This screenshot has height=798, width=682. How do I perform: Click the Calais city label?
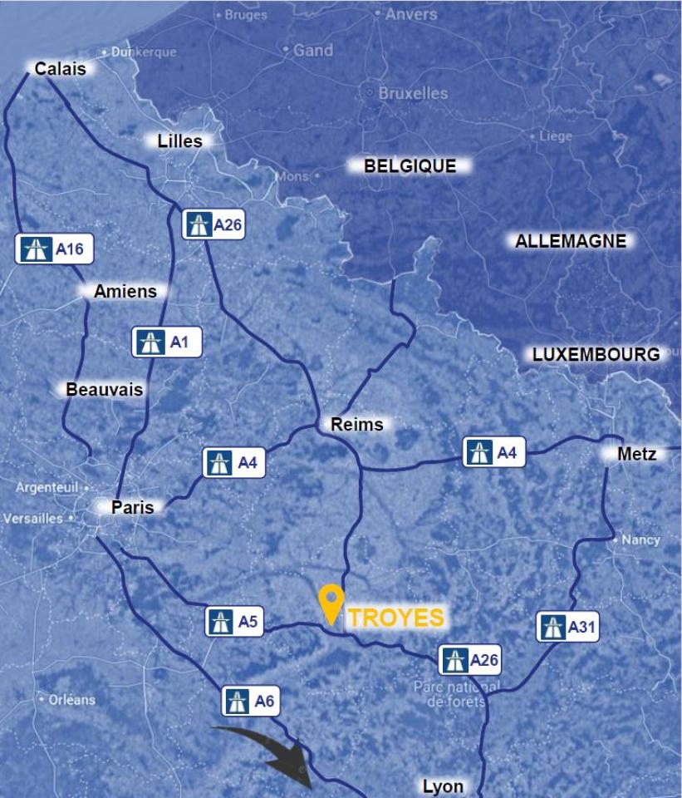(60, 69)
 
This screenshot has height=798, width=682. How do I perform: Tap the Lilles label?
(179, 141)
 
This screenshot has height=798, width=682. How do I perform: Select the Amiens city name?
(125, 291)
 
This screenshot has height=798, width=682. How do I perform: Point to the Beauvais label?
(104, 389)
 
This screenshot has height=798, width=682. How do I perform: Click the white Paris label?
(132, 506)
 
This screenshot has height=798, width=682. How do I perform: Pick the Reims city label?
(356, 425)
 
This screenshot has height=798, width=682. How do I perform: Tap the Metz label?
(636, 454)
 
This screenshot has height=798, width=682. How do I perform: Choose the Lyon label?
(443, 786)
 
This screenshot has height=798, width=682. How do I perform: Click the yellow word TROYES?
(395, 618)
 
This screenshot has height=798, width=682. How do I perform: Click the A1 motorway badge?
(167, 342)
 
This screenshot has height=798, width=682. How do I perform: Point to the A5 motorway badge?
(235, 621)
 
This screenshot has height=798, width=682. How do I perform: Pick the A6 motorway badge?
(250, 702)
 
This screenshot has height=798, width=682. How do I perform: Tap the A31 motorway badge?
(568, 627)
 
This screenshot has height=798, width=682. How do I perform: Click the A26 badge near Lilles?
(213, 224)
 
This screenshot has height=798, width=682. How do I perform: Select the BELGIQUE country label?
(410, 166)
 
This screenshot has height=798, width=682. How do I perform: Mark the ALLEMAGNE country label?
(570, 241)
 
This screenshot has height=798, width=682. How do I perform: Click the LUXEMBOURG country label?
(596, 354)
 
